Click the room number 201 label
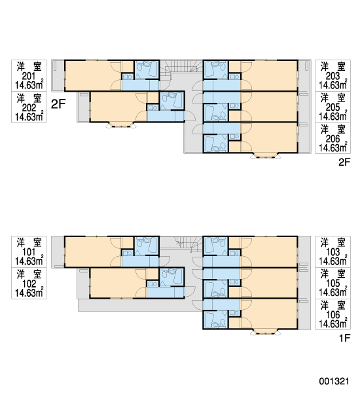[x=29, y=76]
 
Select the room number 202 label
[x=29, y=108]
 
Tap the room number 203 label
[x=333, y=76]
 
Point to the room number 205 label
[x=333, y=107]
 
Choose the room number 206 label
[x=333, y=139]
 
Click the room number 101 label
[x=29, y=252]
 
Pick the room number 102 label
[x=29, y=284]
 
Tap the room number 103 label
[x=333, y=252]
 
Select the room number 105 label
[x=333, y=283]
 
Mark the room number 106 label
[x=333, y=314]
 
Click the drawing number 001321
[x=334, y=381]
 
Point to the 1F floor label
[x=344, y=338]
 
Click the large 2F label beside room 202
[x=58, y=104]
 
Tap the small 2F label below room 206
[x=344, y=162]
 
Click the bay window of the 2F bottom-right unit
[x=266, y=156]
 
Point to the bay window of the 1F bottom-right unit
[x=266, y=332]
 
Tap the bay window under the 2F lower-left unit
[x=121, y=125]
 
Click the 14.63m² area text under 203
[x=333, y=85]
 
